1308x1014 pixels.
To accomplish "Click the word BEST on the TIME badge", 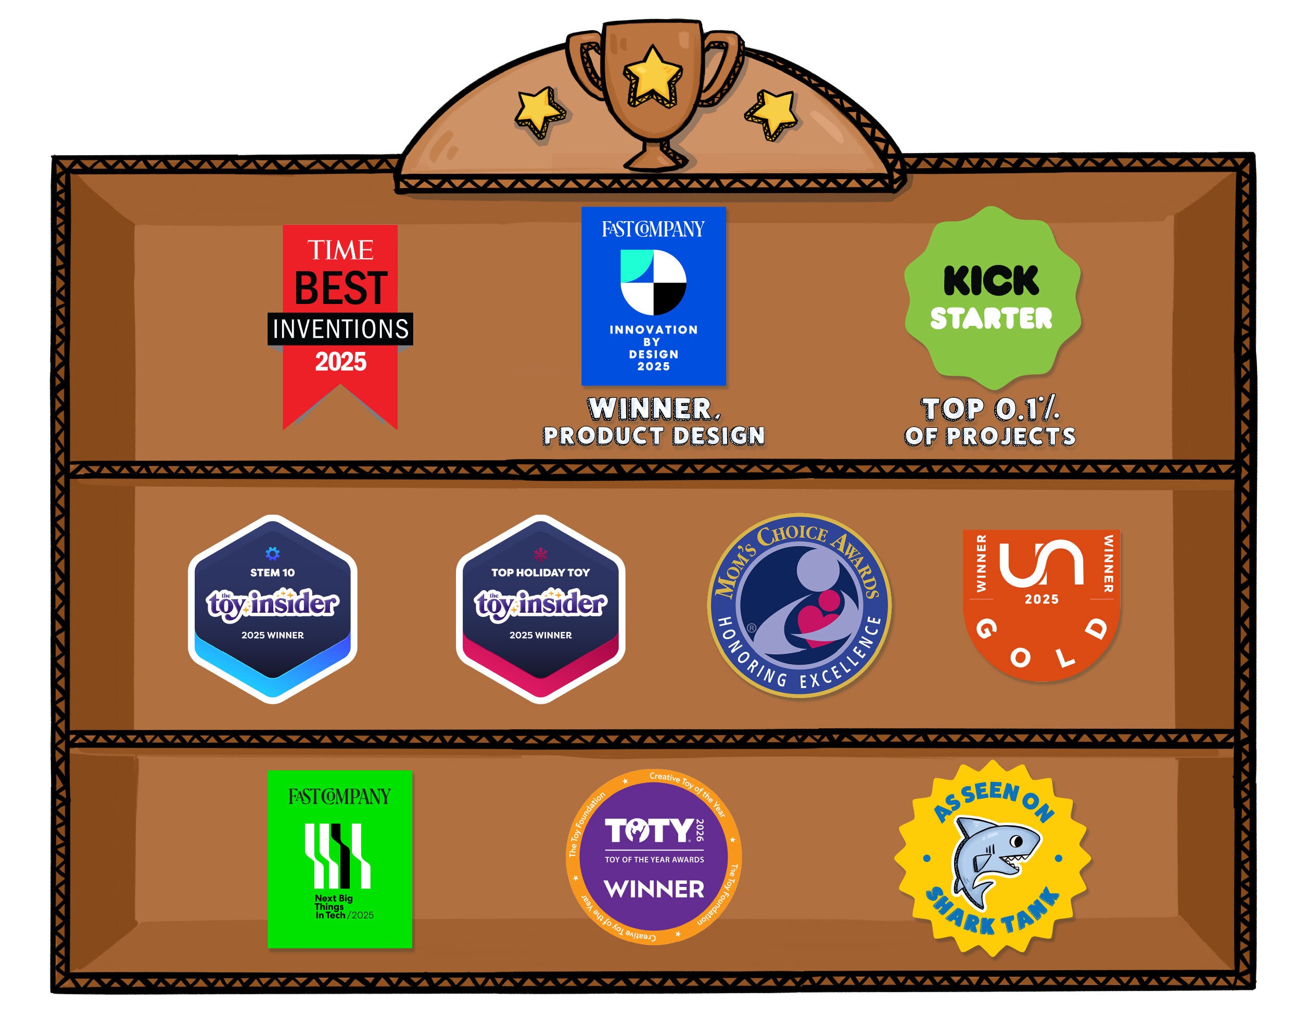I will (x=340, y=288).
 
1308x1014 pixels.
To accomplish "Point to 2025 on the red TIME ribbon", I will (x=340, y=362).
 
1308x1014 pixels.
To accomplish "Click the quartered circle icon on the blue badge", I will (x=653, y=282).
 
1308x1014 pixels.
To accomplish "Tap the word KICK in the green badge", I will (x=991, y=281).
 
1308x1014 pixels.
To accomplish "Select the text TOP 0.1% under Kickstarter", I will (x=990, y=410).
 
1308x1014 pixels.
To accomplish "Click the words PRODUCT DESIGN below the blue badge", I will (x=653, y=436).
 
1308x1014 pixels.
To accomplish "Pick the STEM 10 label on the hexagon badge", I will (x=273, y=573).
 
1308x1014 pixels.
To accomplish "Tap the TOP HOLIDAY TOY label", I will (x=540, y=573).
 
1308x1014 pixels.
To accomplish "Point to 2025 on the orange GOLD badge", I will (x=1042, y=599).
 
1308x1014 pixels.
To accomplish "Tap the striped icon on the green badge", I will (x=339, y=856).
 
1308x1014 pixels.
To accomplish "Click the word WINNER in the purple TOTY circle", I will (x=653, y=890).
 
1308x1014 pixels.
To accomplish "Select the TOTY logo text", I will (x=648, y=831).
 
